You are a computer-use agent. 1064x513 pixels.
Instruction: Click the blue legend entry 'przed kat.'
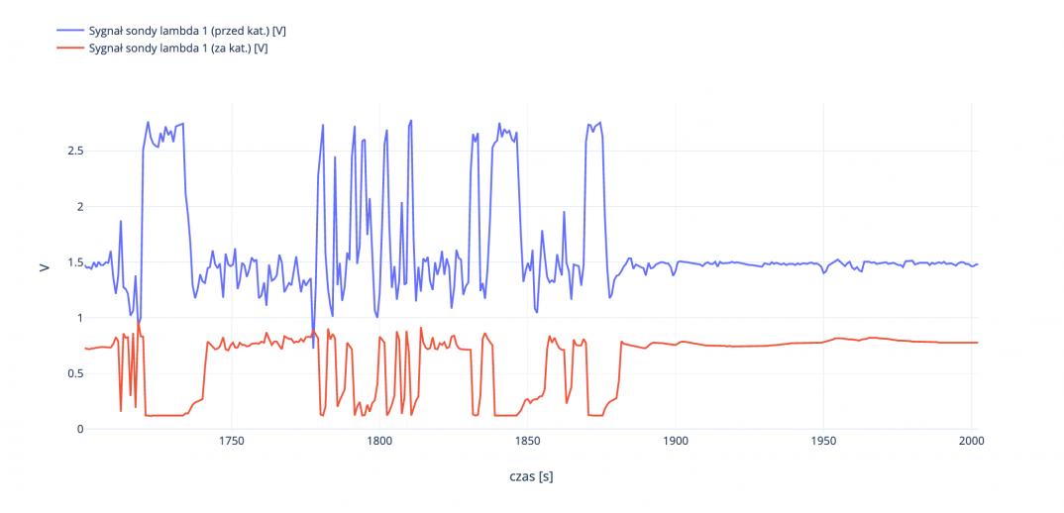click(187, 32)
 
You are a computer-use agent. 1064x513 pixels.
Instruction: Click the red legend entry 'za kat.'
click(178, 48)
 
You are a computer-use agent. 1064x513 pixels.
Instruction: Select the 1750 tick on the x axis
click(231, 443)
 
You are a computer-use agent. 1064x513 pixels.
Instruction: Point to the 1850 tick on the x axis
click(527, 443)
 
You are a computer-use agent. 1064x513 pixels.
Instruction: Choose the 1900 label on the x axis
click(676, 443)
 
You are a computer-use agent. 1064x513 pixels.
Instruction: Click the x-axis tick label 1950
click(823, 443)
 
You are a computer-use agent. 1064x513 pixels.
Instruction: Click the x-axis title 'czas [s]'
click(531, 476)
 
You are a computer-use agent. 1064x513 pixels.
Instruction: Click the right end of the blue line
click(978, 264)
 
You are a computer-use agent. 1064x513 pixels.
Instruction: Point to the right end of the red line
click(978, 343)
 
